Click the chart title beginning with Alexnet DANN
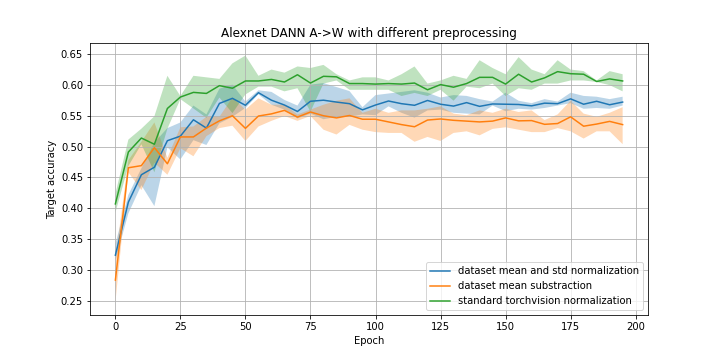pyautogui.click(x=369, y=33)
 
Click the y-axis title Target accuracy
pyautogui.click(x=51, y=179)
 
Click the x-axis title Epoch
pyautogui.click(x=369, y=340)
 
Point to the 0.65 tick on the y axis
pyautogui.click(x=73, y=54)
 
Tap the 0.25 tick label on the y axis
pyautogui.click(x=73, y=301)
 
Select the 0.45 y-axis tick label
pyautogui.click(x=73, y=178)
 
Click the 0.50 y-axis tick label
pyautogui.click(x=73, y=147)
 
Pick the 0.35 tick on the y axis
pyautogui.click(x=73, y=240)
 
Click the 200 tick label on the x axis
pyautogui.click(x=636, y=325)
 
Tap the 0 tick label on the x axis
pyautogui.click(x=115, y=325)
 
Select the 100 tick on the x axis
pyautogui.click(x=375, y=325)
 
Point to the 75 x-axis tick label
pyautogui.click(x=310, y=325)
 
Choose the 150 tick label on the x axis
pyautogui.click(x=506, y=325)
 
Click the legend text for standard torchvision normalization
pyautogui.click(x=544, y=300)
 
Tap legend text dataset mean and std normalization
pyautogui.click(x=548, y=270)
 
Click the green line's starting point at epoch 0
pyautogui.click(x=115, y=204)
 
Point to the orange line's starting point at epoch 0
pyautogui.click(x=115, y=280)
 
